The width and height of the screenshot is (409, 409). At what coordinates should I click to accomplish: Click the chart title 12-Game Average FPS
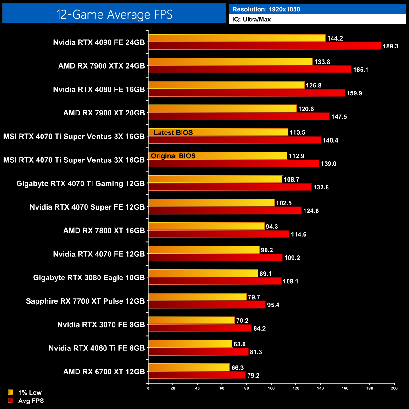point(114,14)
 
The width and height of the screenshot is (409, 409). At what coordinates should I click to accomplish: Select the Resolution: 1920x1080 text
point(266,9)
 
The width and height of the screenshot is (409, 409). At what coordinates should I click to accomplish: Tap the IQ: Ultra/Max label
point(251,20)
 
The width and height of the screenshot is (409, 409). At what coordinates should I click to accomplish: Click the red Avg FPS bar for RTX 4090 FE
point(264,46)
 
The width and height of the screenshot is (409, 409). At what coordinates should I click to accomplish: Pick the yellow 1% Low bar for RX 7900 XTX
point(230,62)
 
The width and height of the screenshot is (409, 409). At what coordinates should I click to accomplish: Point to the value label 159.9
point(354,93)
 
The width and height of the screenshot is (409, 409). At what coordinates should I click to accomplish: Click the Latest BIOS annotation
point(173,133)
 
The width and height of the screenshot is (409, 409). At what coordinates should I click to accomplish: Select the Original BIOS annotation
point(173,156)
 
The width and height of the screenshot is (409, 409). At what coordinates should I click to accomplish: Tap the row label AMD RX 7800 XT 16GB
point(104,231)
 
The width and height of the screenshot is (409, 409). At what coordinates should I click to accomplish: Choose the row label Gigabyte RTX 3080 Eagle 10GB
point(89,278)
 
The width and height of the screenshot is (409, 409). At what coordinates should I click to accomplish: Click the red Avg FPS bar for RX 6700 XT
point(197,375)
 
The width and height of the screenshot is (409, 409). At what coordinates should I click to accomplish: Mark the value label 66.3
point(238,368)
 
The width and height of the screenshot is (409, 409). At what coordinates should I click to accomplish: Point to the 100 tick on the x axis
point(271,388)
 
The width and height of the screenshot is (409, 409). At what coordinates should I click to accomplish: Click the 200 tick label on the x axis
point(394,388)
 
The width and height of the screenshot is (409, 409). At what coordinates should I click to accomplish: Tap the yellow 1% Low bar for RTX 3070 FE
point(191,321)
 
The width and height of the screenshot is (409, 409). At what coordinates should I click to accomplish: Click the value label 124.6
point(311,211)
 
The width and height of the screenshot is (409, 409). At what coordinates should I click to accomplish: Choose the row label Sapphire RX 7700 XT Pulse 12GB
point(85,301)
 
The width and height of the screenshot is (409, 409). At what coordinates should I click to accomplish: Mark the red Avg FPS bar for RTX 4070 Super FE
point(225,211)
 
